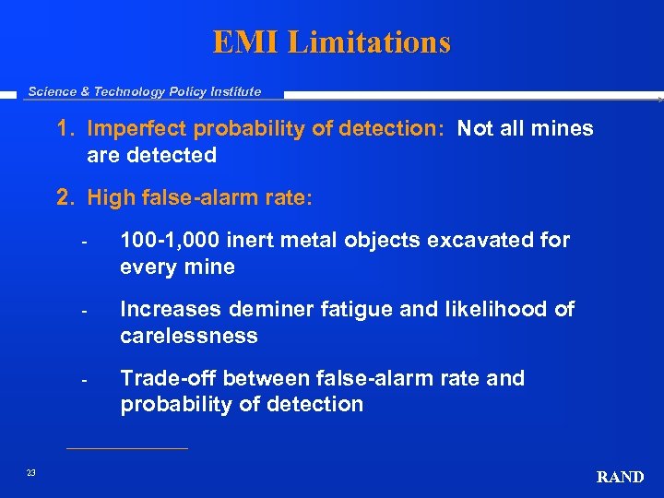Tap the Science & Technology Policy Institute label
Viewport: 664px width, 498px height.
[145, 91]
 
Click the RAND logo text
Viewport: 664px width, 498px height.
[620, 477]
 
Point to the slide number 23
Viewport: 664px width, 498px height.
[30, 473]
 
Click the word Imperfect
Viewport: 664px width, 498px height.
[131, 129]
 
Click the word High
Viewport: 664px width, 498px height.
[111, 196]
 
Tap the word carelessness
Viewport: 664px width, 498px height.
[189, 336]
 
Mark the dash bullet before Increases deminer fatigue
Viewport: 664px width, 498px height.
[84, 311]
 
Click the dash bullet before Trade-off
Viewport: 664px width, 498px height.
[84, 380]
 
